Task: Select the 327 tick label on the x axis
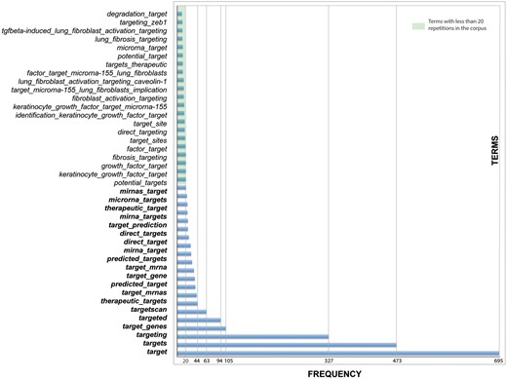pos(329,360)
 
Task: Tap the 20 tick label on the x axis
pos(186,360)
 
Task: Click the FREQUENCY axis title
pos(336,373)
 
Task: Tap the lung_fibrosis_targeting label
pos(131,39)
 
